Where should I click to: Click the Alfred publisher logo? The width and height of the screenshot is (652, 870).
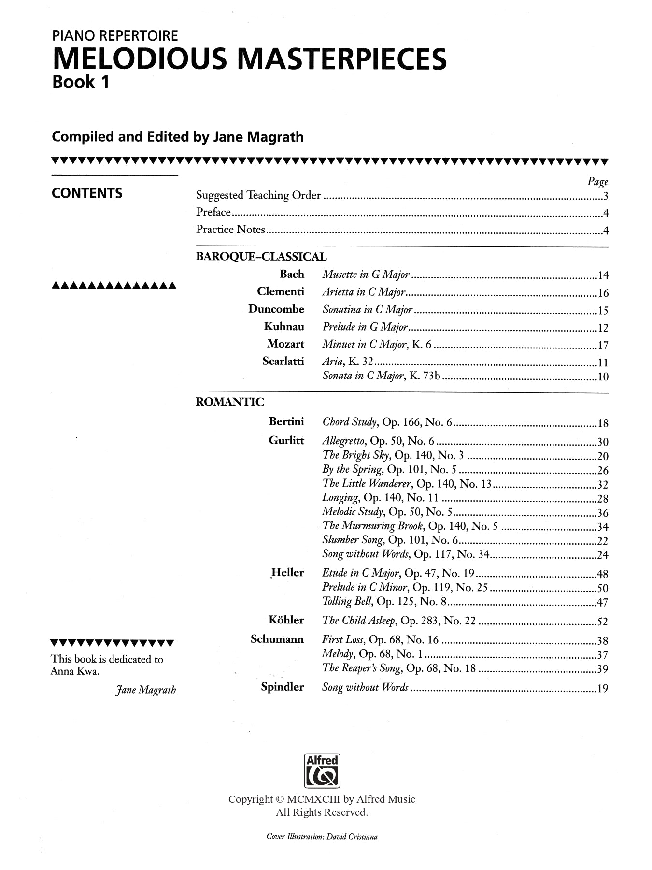coord(322,770)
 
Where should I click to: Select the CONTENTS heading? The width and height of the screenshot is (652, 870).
coord(87,193)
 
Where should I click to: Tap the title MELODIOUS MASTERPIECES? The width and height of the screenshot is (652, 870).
coord(249,59)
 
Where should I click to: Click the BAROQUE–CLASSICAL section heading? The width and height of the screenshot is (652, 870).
coord(261,257)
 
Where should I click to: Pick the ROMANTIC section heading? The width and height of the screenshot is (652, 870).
coord(230,402)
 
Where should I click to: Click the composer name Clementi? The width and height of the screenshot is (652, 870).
coord(281,291)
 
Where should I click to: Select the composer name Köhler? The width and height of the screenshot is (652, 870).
coord(286,620)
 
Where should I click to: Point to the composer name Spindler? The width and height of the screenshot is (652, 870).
coord(282,687)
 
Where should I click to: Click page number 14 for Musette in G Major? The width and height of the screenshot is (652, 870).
coord(603,276)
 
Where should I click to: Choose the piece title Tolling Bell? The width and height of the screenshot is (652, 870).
coord(347,601)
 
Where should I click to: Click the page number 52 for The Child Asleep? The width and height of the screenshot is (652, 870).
coord(603,622)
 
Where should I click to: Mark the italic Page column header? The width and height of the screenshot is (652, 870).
coord(597,181)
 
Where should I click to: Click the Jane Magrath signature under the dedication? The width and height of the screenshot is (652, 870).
coord(145,690)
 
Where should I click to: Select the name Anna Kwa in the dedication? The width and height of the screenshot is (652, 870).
coord(75,671)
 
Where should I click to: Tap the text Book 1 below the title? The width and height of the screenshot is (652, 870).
coord(81,82)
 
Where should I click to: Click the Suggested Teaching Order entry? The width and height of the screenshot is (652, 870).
coord(258,195)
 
